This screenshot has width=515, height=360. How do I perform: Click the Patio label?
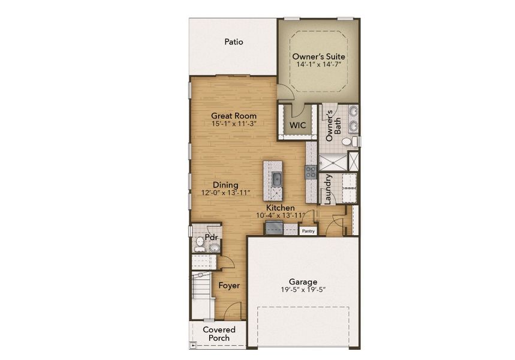coord(233,42)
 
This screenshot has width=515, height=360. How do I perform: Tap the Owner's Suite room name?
coord(318,56)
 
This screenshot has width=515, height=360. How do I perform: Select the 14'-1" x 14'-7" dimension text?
coord(318,65)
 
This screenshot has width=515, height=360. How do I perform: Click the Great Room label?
coord(234,116)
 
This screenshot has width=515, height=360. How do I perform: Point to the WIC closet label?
coord(298,125)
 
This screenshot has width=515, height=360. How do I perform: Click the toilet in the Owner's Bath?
coord(347,142)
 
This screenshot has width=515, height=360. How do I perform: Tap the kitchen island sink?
coord(276,178)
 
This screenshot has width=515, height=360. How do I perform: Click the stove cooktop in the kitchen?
coord(311,172)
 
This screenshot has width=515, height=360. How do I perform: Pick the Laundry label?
coord(327,189)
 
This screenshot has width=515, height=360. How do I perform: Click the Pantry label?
coord(308,230)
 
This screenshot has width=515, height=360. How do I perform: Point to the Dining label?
coord(225,185)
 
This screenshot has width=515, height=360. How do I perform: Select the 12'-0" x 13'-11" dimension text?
coord(225,193)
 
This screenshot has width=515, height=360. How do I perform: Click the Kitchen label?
coord(281,207)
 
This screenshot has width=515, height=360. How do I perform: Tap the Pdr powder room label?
coord(210,237)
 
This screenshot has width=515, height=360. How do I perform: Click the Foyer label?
coord(228,286)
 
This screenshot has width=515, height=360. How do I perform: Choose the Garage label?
coord(303,281)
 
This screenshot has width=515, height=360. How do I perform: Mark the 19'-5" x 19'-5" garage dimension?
coord(303,290)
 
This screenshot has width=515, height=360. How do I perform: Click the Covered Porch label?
coord(218,334)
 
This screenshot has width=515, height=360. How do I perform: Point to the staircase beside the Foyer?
coord(201,294)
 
